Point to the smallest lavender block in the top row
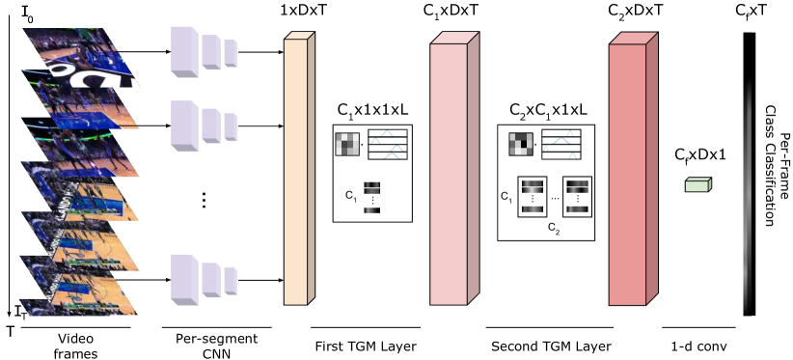[230, 53]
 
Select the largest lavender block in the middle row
[183, 125]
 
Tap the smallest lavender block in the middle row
[230, 126]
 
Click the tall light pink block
[449, 174]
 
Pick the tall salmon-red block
[627, 174]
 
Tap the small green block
[697, 185]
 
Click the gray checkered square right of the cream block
[346, 144]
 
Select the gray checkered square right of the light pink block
[520, 144]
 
